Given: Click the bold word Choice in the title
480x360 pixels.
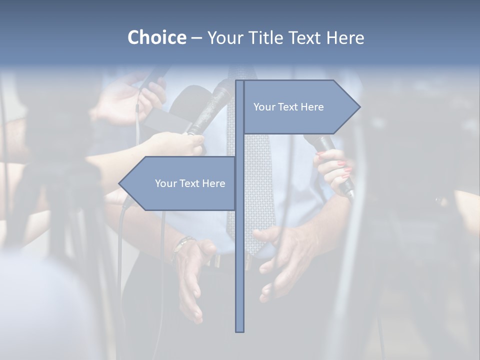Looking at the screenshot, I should (156, 37).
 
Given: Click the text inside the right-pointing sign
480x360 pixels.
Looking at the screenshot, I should (288, 107).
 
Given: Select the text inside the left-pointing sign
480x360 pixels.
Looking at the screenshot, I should (190, 183).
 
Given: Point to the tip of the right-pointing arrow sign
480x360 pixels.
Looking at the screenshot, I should (359, 106).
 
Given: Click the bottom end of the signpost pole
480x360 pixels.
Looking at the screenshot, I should (240, 330).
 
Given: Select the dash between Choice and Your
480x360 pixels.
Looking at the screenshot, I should (196, 38).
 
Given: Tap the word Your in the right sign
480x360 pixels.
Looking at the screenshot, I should (263, 107).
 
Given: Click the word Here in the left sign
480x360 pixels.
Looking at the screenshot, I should (214, 183).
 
